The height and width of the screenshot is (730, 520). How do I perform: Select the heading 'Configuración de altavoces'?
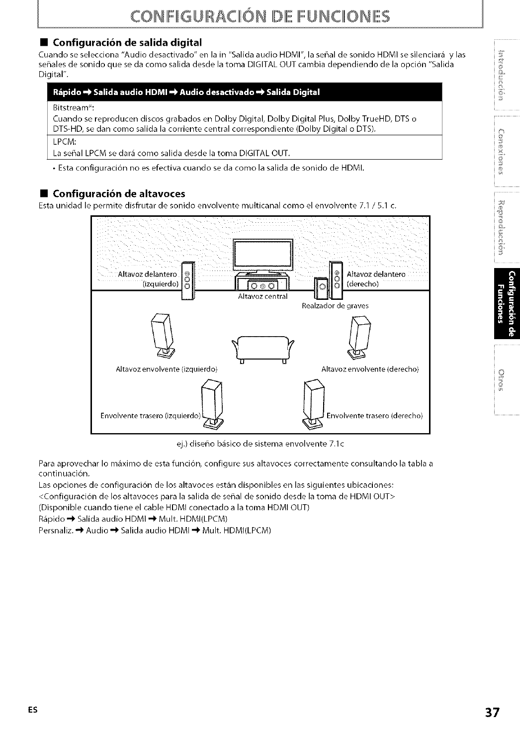[119, 193]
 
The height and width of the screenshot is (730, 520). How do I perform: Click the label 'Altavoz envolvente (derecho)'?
[370, 369]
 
